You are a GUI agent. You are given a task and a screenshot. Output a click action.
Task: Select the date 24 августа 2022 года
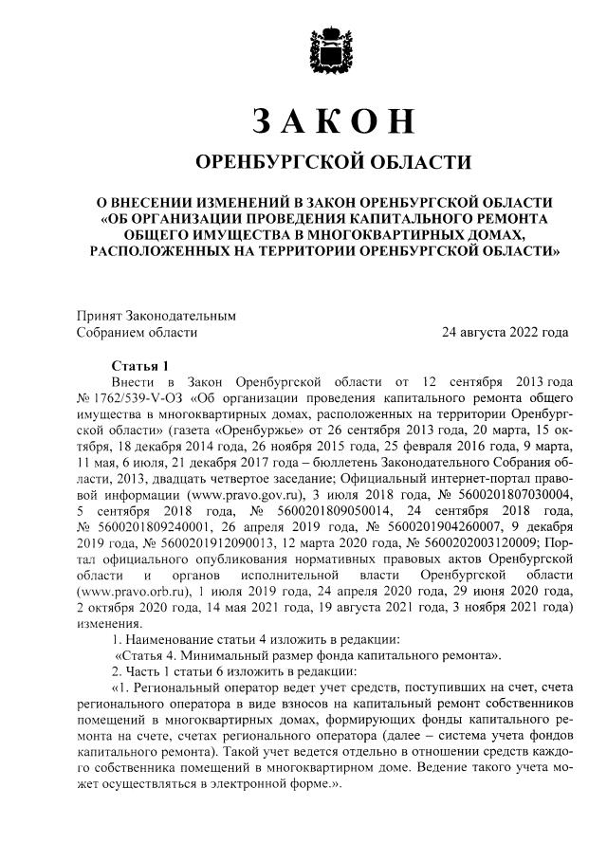(x=506, y=332)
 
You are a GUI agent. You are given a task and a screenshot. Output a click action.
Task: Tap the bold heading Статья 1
(x=139, y=365)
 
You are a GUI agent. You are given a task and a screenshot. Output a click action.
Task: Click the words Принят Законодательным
(x=156, y=316)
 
